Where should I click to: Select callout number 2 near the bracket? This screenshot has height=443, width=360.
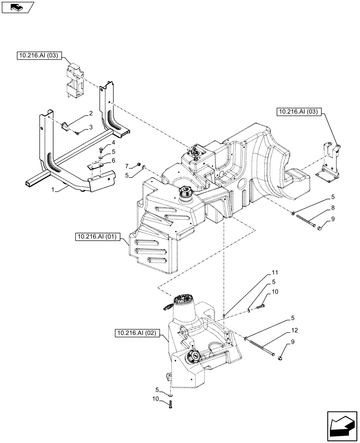point(90,113)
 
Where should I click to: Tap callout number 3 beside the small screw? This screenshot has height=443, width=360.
point(90,128)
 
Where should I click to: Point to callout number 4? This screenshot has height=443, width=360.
point(113,143)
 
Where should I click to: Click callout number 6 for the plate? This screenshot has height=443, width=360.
point(113,160)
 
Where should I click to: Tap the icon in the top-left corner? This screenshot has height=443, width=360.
point(17,7)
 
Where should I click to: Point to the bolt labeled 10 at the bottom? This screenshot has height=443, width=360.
point(171,404)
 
